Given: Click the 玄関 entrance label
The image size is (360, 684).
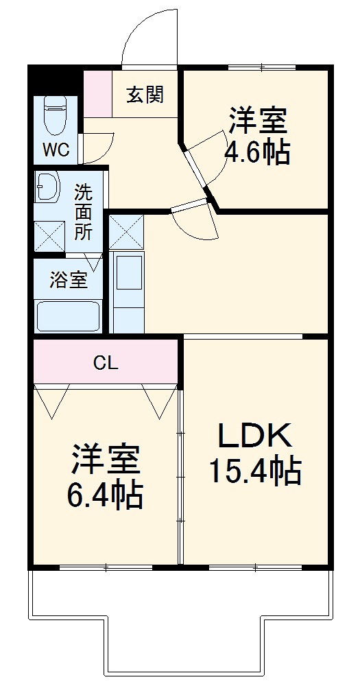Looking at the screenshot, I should pos(145,94).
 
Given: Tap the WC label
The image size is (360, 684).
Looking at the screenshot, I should pos(56,150).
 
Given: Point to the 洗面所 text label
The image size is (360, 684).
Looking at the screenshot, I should pos(83,212).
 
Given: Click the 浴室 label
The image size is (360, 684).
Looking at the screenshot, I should pos(68,280).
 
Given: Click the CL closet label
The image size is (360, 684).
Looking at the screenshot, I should pos(106,364).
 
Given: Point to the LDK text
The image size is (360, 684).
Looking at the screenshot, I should pos(254,435).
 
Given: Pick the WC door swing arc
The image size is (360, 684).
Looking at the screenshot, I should pos(96,145).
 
